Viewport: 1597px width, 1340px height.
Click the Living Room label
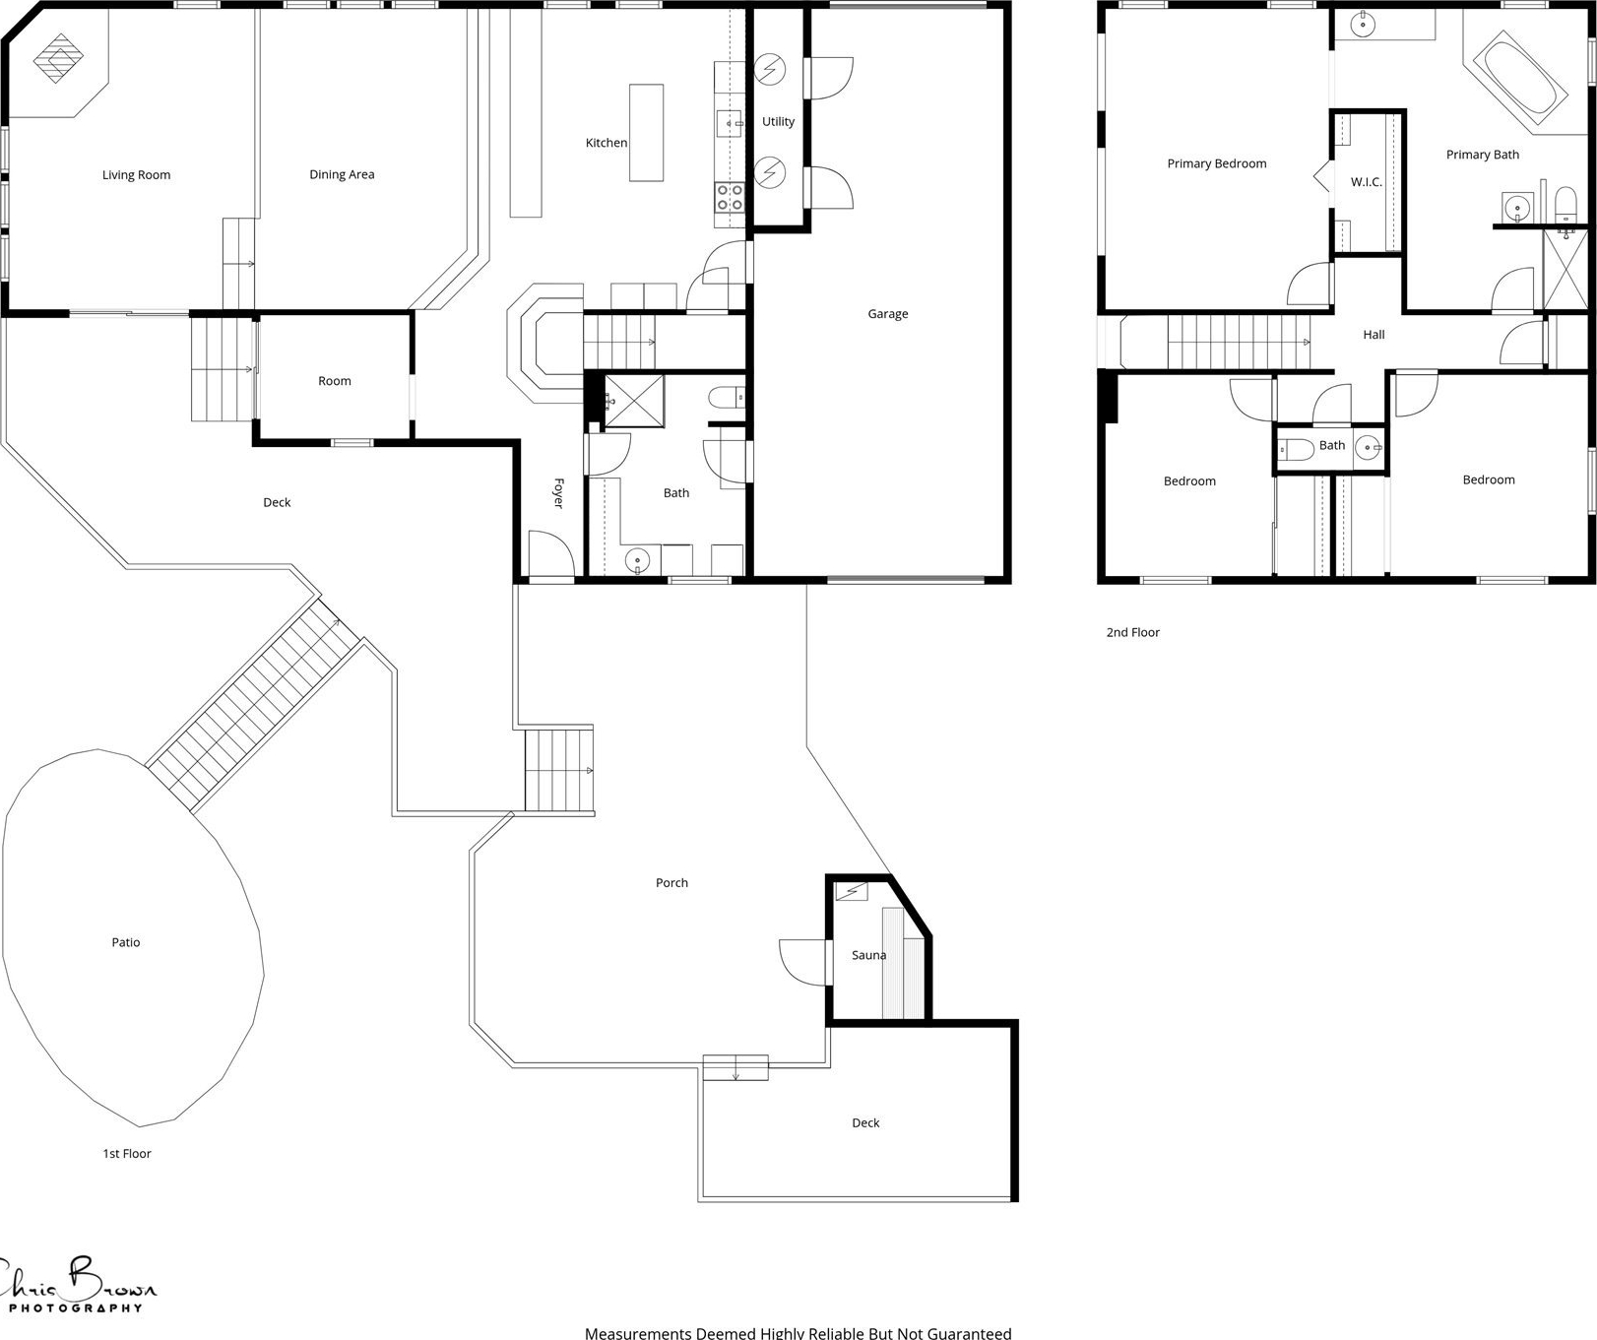point(136,175)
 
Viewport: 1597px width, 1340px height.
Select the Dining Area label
point(342,175)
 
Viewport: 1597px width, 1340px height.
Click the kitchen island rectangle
point(646,133)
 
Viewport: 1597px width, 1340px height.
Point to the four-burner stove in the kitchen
point(730,197)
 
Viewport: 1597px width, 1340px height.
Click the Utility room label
point(778,122)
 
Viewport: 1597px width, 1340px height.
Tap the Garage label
point(888,314)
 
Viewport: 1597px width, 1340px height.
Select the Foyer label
point(558,493)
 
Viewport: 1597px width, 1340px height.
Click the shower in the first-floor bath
point(633,401)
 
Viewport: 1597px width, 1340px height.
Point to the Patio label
point(126,942)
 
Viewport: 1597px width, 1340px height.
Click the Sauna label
point(868,955)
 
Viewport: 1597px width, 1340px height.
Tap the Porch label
point(671,883)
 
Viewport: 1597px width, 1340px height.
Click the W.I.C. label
point(1367,182)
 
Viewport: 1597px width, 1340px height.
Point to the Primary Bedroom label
point(1217,163)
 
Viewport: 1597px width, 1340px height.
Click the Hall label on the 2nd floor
point(1373,335)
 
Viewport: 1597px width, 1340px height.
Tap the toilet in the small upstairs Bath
point(1295,451)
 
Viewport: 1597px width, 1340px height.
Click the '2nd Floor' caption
point(1132,632)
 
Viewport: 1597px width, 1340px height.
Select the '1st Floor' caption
point(127,1154)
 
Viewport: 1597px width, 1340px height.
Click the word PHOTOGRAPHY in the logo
point(76,1308)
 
